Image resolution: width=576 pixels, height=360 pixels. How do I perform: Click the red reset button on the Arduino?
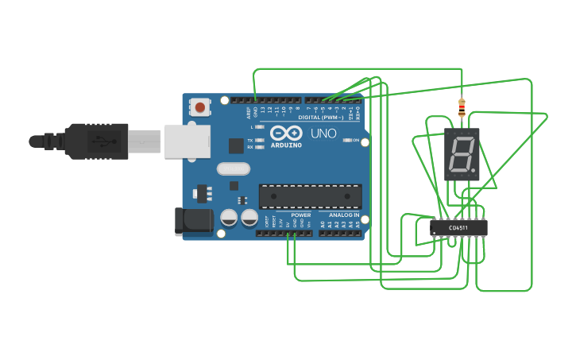tap(200, 107)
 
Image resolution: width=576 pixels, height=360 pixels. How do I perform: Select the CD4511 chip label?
tap(458, 229)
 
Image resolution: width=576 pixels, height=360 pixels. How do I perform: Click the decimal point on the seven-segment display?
tap(474, 169)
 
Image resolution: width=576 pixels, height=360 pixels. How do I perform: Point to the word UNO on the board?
tap(323, 134)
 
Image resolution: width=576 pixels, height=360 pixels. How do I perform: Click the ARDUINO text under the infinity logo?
tap(286, 145)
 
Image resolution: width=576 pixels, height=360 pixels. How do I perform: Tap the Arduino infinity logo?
tap(286, 133)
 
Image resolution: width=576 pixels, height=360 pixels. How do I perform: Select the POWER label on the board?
tap(301, 215)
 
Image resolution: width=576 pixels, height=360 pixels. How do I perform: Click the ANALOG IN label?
tap(340, 215)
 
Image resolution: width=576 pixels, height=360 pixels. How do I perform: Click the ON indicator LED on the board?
tap(347, 141)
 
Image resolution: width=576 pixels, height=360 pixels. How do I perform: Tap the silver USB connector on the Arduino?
tap(187, 141)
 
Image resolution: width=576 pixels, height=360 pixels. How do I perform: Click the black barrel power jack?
tap(194, 222)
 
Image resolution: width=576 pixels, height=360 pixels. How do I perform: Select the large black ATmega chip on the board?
tap(310, 196)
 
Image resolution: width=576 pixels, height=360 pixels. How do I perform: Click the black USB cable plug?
tap(95, 141)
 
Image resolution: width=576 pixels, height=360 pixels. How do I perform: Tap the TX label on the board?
tap(250, 140)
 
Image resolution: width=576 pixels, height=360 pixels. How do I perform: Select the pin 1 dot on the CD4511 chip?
tap(435, 234)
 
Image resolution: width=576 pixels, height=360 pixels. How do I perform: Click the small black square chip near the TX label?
tap(236, 145)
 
